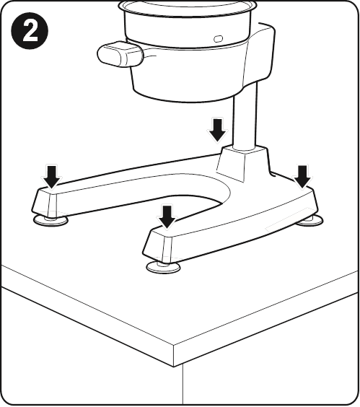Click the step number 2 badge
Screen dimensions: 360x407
[30, 31]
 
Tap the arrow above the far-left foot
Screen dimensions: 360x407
[52, 177]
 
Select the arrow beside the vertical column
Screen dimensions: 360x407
[217, 131]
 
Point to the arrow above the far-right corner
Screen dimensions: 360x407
[302, 177]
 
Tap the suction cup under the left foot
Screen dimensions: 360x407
[51, 220]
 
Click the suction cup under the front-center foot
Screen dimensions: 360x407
[163, 266]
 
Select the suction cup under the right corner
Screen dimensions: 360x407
[310, 221]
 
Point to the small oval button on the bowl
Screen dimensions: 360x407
[218, 39]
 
